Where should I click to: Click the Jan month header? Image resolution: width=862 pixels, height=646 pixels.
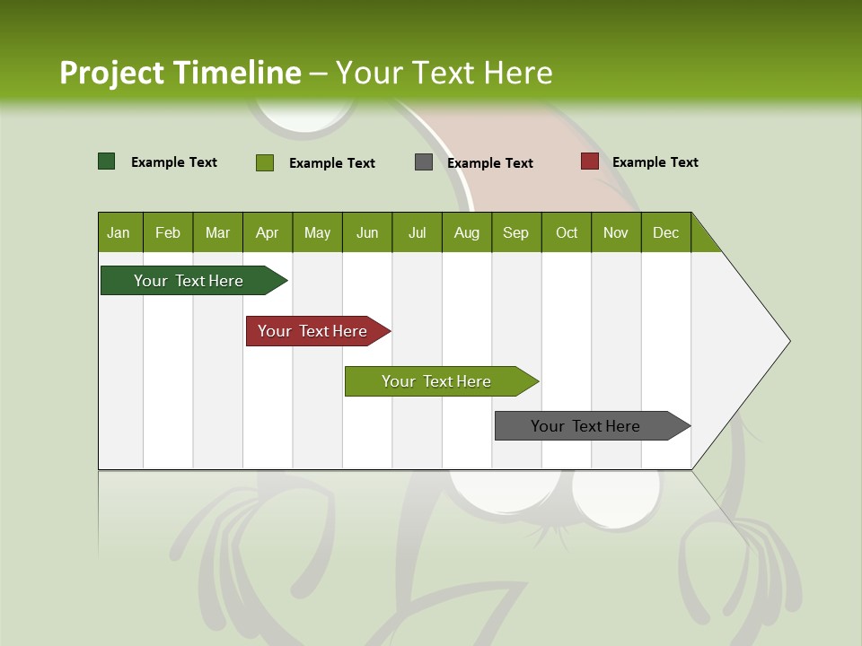[x=119, y=232]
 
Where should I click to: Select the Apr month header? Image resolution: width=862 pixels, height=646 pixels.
[x=268, y=232]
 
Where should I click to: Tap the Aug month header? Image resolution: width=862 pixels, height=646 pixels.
[x=467, y=232]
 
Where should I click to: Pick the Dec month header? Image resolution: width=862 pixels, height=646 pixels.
[x=666, y=232]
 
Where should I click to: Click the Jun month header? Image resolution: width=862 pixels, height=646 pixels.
[x=367, y=232]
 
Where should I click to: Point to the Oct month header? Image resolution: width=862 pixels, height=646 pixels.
[x=567, y=232]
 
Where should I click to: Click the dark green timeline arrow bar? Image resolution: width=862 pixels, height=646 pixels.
[x=189, y=281]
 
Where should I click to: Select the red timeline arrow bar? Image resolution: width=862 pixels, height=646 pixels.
[x=312, y=331]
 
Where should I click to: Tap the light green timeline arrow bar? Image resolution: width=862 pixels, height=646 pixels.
[x=436, y=381]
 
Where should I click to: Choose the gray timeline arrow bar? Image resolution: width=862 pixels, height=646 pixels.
[x=585, y=426]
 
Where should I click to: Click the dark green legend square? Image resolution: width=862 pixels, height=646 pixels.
[x=107, y=161]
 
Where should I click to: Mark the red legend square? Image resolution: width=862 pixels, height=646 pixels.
[x=589, y=161]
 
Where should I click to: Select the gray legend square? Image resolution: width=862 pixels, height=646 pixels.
[x=424, y=162]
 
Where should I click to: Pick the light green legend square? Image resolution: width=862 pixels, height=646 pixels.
[x=265, y=162]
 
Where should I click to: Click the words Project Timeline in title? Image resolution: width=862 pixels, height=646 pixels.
[x=180, y=73]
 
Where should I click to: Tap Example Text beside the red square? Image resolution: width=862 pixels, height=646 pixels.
[x=655, y=162]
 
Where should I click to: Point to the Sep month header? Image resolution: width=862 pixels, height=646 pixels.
[x=516, y=232]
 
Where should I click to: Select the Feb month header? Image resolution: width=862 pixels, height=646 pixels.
[x=168, y=232]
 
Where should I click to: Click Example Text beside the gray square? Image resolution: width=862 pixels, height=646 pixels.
[x=490, y=163]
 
